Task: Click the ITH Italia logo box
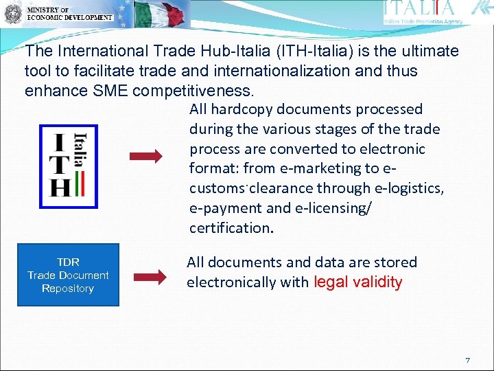[x=69, y=166]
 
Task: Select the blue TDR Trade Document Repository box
[x=68, y=275]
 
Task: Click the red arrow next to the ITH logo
[x=146, y=157]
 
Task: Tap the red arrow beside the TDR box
[x=149, y=277]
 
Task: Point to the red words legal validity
[x=357, y=282]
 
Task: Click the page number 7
[x=467, y=360]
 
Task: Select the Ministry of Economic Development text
[x=69, y=14]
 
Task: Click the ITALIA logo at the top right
[x=420, y=9]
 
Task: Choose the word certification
[x=231, y=227]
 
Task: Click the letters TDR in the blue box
[x=68, y=262]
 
